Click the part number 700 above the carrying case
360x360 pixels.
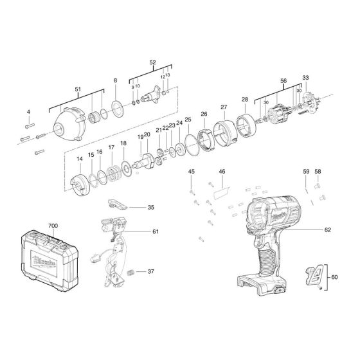coord(53,226)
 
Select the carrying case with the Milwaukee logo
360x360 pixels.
coord(50,261)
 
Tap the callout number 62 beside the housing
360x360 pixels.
coord(327,230)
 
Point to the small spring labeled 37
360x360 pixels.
coord(130,273)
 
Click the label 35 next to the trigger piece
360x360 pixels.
coord(150,208)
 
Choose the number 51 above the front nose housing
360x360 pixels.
coord(78,89)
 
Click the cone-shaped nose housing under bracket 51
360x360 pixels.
coord(68,125)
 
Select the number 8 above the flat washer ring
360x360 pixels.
coord(115,80)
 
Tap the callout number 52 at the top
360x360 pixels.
coord(152,62)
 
